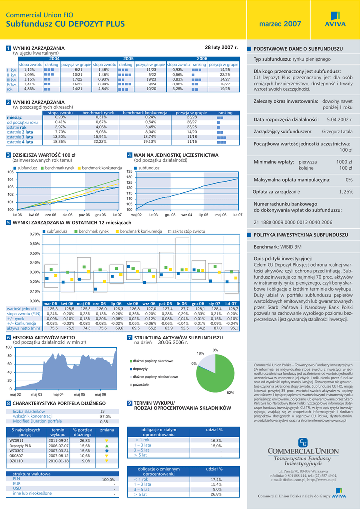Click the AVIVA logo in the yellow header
[335, 24]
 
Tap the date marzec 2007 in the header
[280, 24]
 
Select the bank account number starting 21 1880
[285, 222]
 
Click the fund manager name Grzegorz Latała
[337, 132]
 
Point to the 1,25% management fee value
[346, 191]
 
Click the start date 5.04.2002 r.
[339, 120]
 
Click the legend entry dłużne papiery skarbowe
[152, 361]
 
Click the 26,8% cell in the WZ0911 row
[85, 440]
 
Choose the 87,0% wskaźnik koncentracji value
[105, 417]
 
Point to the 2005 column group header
[128, 59]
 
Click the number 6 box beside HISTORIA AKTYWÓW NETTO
[8, 338]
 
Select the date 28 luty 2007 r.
[222, 47]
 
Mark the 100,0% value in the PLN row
[108, 480]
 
